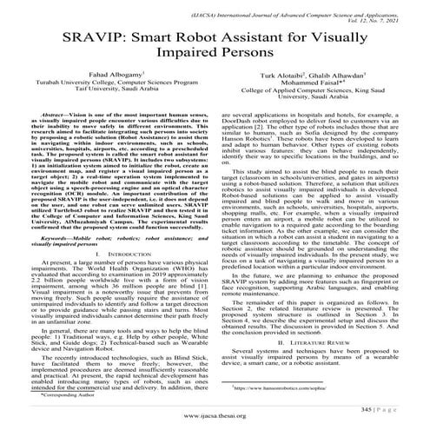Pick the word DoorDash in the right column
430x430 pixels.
244,147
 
